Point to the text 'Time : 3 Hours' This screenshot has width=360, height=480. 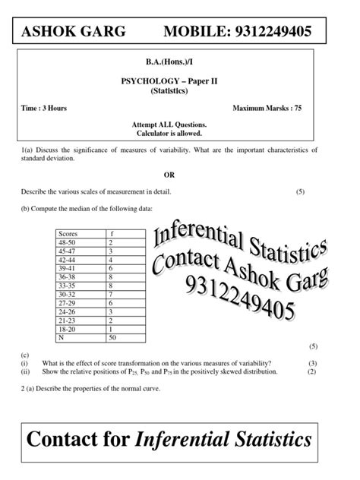click(44, 109)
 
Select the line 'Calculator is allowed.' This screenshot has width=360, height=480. click(179, 133)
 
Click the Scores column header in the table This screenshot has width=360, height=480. click(68, 232)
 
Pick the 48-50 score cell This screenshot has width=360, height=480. click(67, 242)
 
